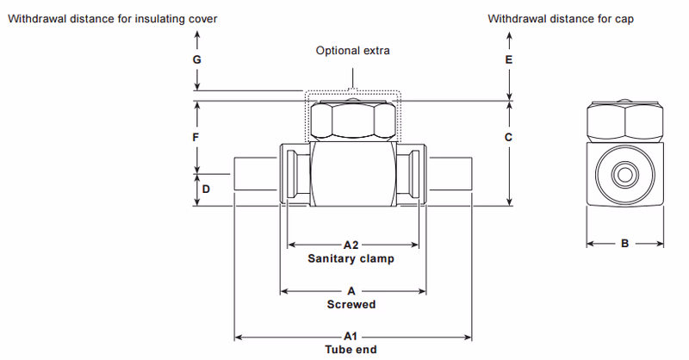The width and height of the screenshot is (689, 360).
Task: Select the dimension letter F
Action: [x=197, y=138]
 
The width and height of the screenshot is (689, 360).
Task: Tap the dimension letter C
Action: [x=509, y=138]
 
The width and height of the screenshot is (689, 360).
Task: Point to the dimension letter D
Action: [x=205, y=188]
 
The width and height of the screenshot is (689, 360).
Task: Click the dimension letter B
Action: [x=625, y=245]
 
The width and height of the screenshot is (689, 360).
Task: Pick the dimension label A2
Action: [x=351, y=245]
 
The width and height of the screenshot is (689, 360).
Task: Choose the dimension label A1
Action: [x=351, y=336]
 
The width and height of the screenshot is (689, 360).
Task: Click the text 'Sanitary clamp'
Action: [x=351, y=258]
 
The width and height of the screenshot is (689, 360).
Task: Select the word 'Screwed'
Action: [x=351, y=305]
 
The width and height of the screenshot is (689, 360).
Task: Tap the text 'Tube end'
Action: [x=351, y=350]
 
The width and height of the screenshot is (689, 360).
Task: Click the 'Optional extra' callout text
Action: [x=352, y=51]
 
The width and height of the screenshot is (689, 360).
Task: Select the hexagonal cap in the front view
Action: [x=353, y=121]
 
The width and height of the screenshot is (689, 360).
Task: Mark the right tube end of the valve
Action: [x=450, y=176]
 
